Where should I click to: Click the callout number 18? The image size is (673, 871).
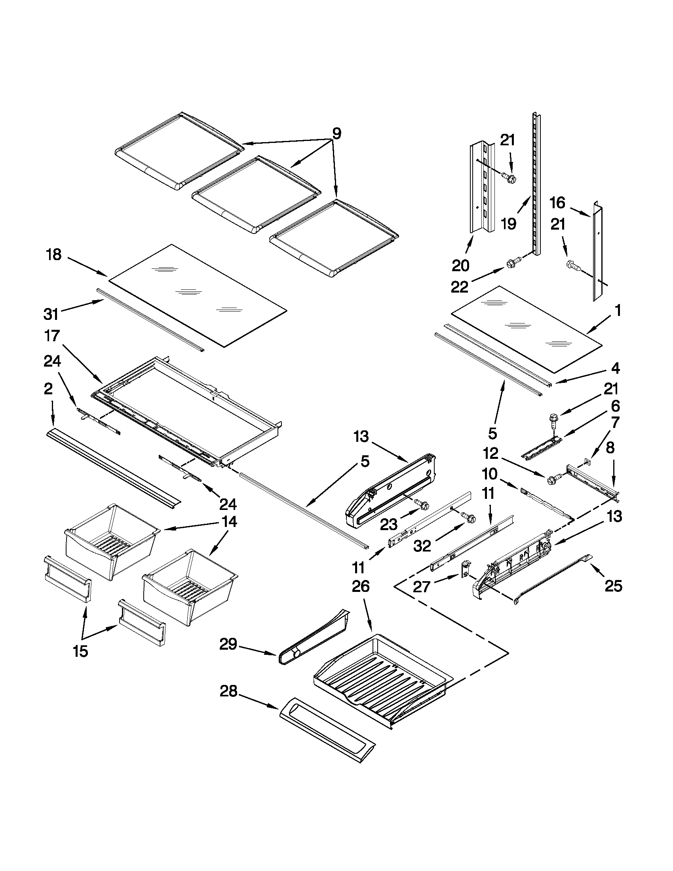(x=54, y=255)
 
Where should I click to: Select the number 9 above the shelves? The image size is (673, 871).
(x=337, y=133)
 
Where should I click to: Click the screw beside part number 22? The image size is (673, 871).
(x=511, y=264)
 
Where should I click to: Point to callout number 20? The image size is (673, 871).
(x=460, y=265)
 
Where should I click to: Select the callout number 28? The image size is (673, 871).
(x=228, y=691)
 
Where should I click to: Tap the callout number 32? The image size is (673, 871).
(x=422, y=546)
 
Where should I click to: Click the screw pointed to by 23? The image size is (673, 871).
(x=421, y=504)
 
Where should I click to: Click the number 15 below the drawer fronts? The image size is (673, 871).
(x=80, y=651)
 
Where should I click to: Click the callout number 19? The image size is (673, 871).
(x=508, y=224)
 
